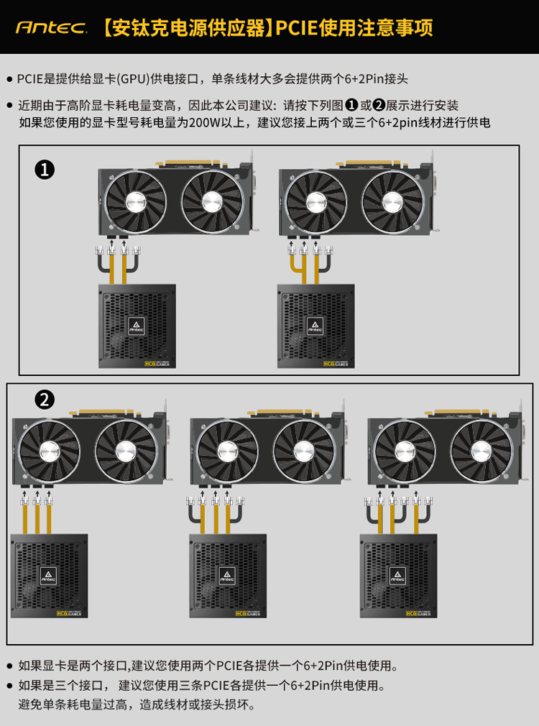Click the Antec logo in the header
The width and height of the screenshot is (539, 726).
coord(52,28)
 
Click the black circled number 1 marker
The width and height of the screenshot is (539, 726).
coord(45,170)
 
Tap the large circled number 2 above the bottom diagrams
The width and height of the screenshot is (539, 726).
coord(45,400)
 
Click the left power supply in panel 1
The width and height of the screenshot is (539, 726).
coord(137,326)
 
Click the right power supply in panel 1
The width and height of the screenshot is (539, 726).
coord(315,326)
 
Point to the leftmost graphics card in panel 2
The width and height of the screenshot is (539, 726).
coord(91,447)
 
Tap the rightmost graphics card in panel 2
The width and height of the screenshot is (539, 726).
coord(446,447)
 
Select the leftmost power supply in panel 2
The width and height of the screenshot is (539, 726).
coord(49,576)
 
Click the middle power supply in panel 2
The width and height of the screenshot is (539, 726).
coord(228,576)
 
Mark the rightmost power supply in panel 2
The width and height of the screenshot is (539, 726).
coord(399,576)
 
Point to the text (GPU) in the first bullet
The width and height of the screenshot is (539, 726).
coord(134,79)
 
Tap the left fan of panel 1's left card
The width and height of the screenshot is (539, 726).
coord(136,201)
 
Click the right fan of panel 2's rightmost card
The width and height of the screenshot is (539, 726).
coord(482,451)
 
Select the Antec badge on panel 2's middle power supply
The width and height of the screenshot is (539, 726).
coord(227,576)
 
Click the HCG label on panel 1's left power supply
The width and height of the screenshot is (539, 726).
coord(150,364)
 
